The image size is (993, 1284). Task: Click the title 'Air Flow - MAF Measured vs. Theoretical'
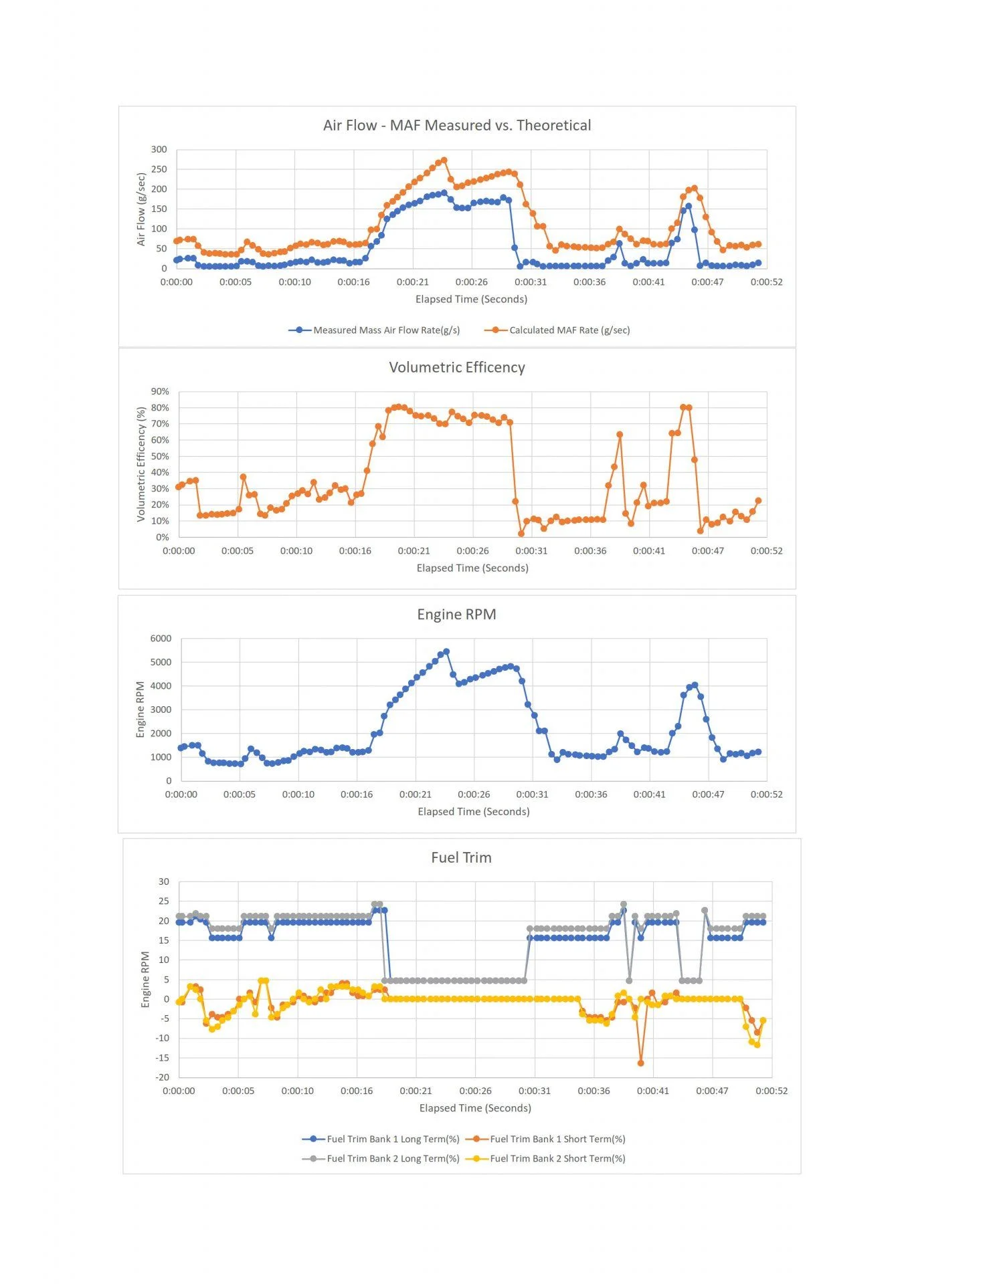pos(457,126)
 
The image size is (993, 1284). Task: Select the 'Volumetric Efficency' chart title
pos(457,368)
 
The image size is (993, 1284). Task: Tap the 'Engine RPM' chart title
pos(456,615)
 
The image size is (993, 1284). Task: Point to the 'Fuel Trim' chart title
pos(461,858)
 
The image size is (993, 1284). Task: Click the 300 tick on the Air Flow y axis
pos(159,150)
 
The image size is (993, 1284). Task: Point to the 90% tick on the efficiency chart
pos(161,392)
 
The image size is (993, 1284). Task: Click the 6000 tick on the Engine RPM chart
pos(161,639)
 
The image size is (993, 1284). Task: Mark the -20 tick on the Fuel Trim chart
pos(163,1077)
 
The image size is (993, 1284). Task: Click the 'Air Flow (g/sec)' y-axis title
pos(141,209)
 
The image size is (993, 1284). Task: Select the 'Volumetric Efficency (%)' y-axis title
pos(141,464)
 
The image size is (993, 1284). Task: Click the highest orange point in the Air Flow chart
pos(444,160)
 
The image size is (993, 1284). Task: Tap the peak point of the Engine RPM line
pos(446,651)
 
